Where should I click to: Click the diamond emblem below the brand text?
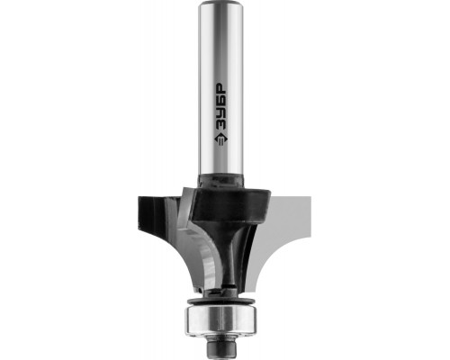pos(221,139)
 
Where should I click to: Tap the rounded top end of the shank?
pos(221,4)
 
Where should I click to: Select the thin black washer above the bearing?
pos(221,301)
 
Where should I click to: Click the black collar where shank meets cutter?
pos(220,180)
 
